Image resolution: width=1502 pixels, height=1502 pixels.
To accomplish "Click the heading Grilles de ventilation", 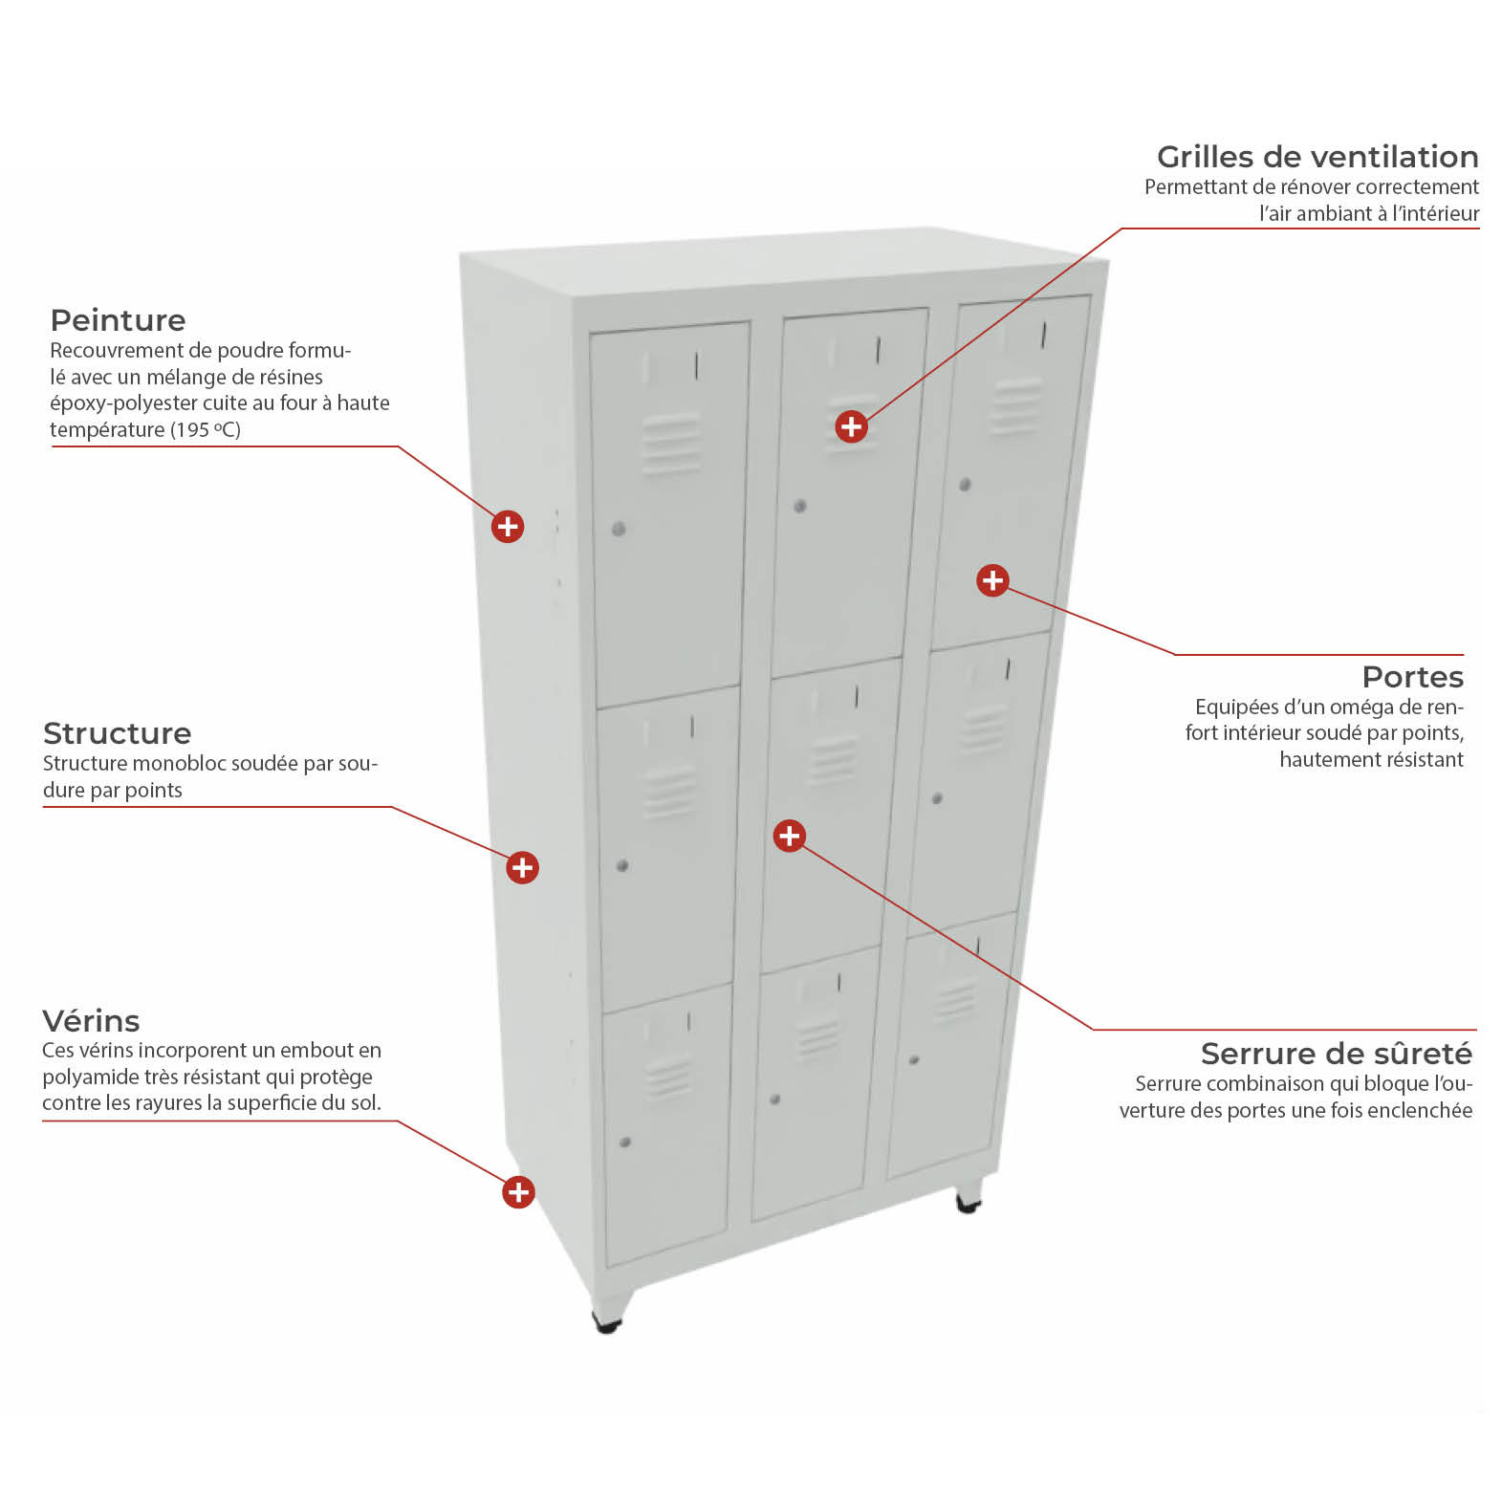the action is [x=1317, y=157].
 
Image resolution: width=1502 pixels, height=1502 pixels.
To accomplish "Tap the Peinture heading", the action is [x=118, y=320].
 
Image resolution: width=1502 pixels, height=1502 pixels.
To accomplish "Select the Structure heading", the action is [x=117, y=733].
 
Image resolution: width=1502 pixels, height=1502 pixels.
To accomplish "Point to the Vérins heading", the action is [x=91, y=1020].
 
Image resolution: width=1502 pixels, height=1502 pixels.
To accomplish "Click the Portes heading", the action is [x=1413, y=677].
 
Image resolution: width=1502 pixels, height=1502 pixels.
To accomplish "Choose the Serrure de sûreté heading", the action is [x=1337, y=1054].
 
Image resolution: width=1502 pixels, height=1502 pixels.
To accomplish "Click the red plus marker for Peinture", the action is [x=508, y=526].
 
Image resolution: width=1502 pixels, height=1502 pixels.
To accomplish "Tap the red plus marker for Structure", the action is [x=522, y=867].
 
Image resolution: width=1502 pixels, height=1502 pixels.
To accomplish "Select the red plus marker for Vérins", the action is [x=518, y=1191].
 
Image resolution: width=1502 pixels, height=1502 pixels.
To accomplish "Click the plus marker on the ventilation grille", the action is [x=851, y=426].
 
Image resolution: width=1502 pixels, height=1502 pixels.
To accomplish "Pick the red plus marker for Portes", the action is [x=992, y=579].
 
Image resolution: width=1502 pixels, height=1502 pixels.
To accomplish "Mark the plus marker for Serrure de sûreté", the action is [x=789, y=836].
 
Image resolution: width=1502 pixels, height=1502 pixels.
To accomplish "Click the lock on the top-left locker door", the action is [x=619, y=529].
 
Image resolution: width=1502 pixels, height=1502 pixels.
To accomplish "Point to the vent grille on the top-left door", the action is [x=671, y=444].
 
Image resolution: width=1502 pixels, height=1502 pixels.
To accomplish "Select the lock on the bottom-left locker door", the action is [x=625, y=1142].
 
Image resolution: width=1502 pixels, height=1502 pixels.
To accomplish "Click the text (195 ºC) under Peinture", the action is [x=206, y=430].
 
